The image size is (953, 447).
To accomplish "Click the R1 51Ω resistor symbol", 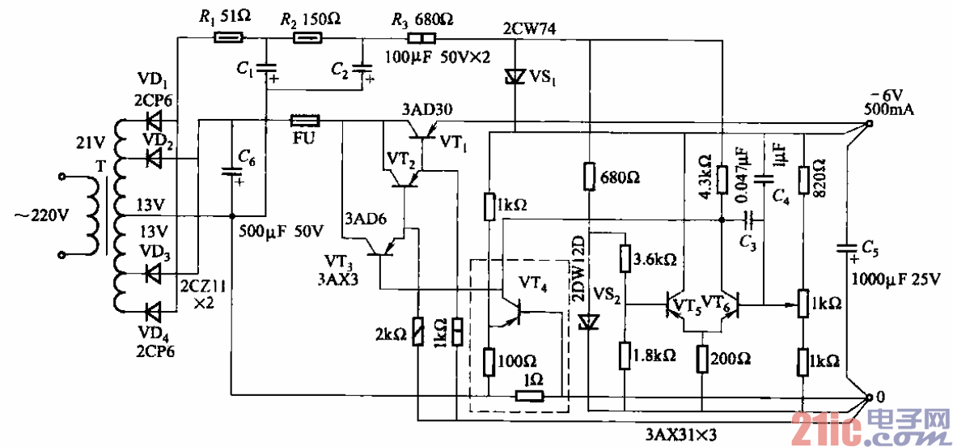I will tap(228, 37).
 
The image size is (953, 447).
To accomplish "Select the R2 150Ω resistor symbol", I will tap(307, 37).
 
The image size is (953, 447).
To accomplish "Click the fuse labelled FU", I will tap(305, 121).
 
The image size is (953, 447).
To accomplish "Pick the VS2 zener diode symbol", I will tap(588, 321).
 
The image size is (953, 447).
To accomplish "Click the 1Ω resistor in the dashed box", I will tap(530, 396).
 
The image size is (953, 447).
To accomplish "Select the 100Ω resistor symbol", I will tap(489, 361).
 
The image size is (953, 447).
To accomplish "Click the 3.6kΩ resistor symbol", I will tap(625, 259).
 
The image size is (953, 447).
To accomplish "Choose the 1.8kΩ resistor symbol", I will tap(625, 355).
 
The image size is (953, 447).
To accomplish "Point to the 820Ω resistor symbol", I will tap(803, 179).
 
